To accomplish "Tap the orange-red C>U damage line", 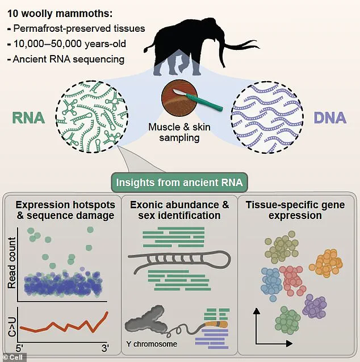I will pyautogui.click(x=62, y=325).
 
